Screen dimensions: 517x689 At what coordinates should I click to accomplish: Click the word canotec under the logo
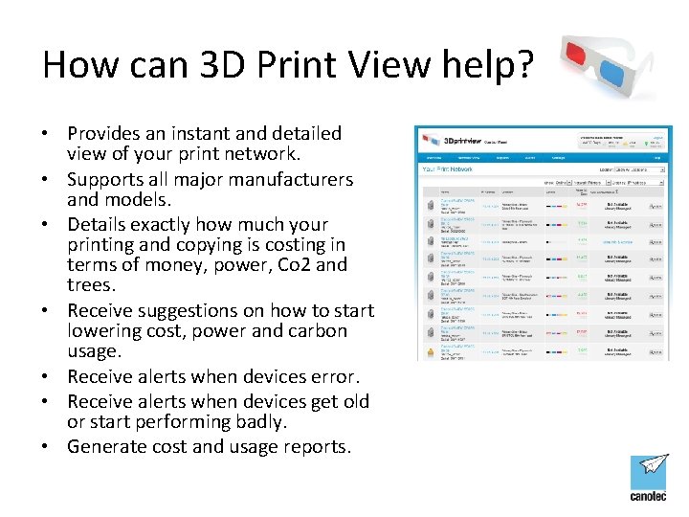coord(650,497)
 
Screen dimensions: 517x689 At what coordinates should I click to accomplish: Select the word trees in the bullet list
coord(89,285)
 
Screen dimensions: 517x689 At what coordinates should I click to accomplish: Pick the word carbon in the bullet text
coord(315,331)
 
